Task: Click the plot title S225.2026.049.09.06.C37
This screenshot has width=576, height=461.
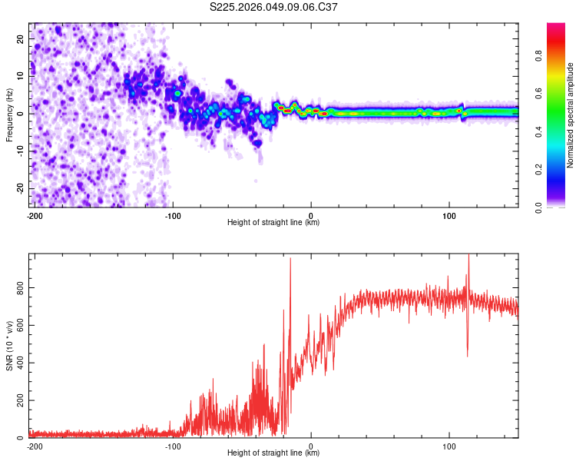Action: (273, 8)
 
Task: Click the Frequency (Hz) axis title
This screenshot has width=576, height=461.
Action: (9, 115)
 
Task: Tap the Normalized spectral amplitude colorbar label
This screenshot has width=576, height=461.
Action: (571, 115)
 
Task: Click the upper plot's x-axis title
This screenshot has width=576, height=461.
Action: (273, 222)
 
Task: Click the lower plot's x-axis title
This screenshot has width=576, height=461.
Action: (273, 453)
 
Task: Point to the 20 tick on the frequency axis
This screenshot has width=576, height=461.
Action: (22, 38)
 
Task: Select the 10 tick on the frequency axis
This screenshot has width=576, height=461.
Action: (22, 76)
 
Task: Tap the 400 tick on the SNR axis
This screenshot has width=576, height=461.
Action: (18, 363)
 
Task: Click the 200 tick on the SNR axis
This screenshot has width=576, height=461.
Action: (18, 400)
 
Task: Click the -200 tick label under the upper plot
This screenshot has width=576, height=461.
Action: (34, 214)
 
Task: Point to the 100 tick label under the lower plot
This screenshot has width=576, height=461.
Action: (449, 445)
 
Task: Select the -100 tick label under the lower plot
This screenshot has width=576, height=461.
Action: (172, 445)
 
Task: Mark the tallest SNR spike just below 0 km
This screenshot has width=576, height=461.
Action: (290, 260)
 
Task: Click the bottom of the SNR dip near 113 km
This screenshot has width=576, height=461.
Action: (468, 355)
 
